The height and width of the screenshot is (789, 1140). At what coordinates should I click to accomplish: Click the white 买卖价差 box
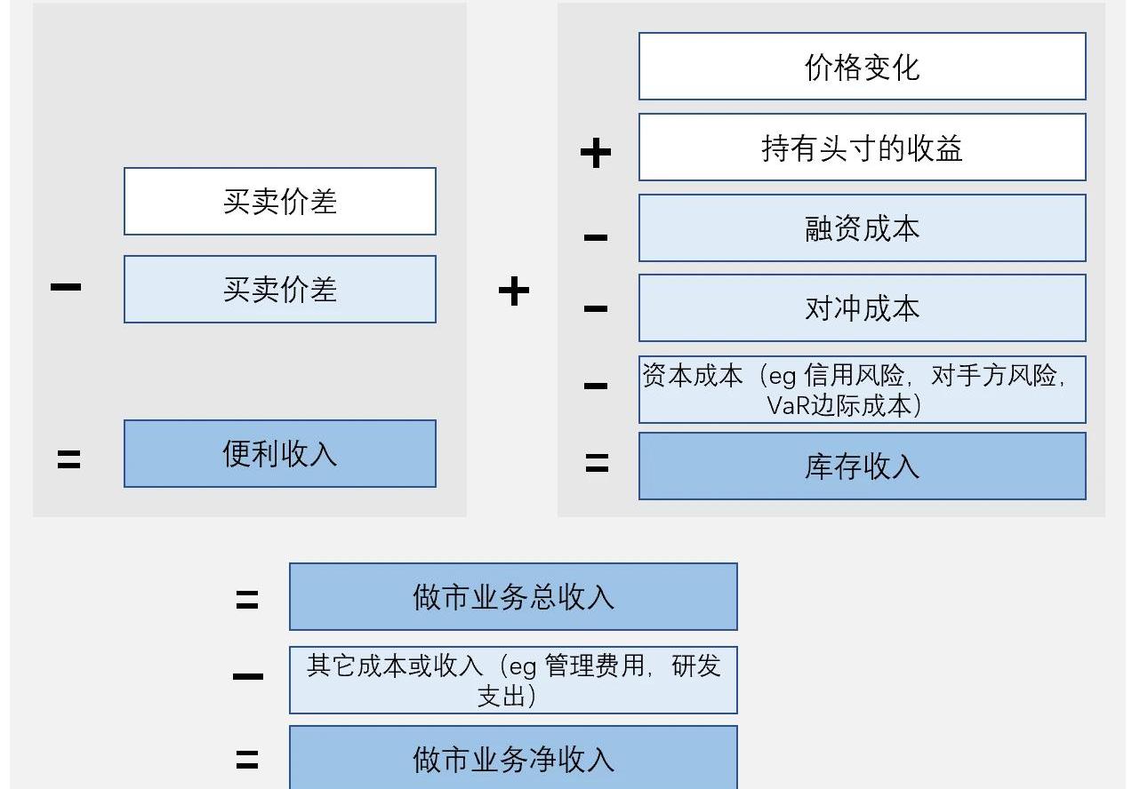[279, 202]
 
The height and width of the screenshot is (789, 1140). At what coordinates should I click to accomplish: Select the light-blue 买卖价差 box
[279, 290]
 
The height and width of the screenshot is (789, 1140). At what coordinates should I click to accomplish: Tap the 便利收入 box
[279, 454]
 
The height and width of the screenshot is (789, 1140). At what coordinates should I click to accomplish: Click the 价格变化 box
[862, 67]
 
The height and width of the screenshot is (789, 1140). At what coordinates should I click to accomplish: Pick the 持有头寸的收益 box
[862, 147]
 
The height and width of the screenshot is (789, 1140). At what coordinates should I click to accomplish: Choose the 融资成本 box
[862, 228]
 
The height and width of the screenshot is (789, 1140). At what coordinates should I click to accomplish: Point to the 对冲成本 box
[862, 308]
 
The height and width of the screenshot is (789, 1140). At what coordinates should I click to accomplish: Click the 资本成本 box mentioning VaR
[862, 390]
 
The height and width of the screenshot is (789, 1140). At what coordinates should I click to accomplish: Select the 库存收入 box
[862, 466]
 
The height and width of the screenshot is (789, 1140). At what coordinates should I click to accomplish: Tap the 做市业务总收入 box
[513, 597]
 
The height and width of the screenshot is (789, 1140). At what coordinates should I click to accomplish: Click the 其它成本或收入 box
[513, 681]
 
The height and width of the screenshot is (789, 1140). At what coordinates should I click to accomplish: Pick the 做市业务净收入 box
[513, 758]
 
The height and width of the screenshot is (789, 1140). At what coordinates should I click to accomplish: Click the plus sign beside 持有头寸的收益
[596, 153]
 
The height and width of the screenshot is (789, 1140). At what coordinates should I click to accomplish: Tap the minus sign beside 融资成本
[596, 237]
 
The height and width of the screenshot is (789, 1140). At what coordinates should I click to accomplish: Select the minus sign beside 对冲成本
[596, 309]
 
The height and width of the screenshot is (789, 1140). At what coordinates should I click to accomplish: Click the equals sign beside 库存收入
[597, 463]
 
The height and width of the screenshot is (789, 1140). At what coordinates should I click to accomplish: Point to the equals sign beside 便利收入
[68, 459]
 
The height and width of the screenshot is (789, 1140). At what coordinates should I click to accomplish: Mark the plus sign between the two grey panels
[514, 291]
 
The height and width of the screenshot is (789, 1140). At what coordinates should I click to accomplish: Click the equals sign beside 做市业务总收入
[247, 601]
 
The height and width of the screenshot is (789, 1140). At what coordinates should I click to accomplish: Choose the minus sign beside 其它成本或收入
[247, 677]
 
